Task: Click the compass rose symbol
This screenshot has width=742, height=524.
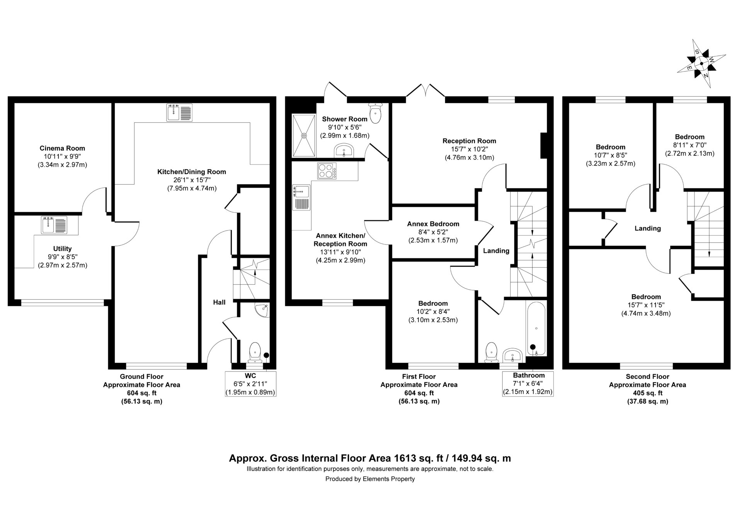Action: click(x=701, y=64)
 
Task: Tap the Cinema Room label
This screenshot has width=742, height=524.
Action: click(x=62, y=148)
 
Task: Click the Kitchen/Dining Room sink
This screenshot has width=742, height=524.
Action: click(x=180, y=112)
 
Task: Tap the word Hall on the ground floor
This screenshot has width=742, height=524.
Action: click(x=219, y=302)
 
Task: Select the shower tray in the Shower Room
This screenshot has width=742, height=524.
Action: click(x=304, y=136)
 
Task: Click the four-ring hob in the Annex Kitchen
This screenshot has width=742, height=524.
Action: click(x=327, y=171)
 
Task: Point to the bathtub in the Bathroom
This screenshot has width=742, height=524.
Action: click(x=536, y=329)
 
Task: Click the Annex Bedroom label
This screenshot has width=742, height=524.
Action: click(x=433, y=224)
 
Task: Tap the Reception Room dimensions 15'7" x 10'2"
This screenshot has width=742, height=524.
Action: click(x=469, y=149)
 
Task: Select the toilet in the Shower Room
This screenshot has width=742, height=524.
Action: click(x=375, y=112)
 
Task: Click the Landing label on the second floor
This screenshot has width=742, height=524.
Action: click(x=648, y=228)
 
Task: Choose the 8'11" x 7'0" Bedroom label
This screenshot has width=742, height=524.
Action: click(x=689, y=145)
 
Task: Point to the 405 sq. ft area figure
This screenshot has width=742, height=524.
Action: click(x=647, y=393)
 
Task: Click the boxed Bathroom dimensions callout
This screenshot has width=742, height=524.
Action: click(x=528, y=383)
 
